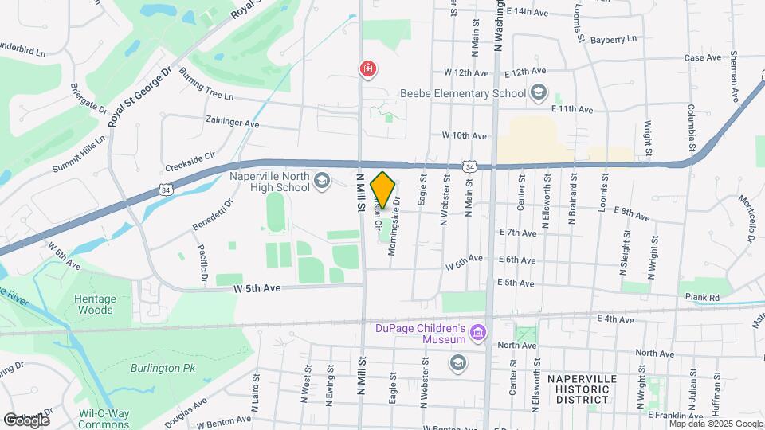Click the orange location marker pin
(x=383, y=190)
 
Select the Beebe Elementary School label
(x=463, y=93)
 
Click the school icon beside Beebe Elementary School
(x=539, y=93)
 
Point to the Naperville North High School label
(x=269, y=182)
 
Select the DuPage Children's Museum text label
(x=420, y=334)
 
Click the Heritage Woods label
(x=96, y=304)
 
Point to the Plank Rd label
(x=703, y=298)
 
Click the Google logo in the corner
(x=26, y=419)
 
